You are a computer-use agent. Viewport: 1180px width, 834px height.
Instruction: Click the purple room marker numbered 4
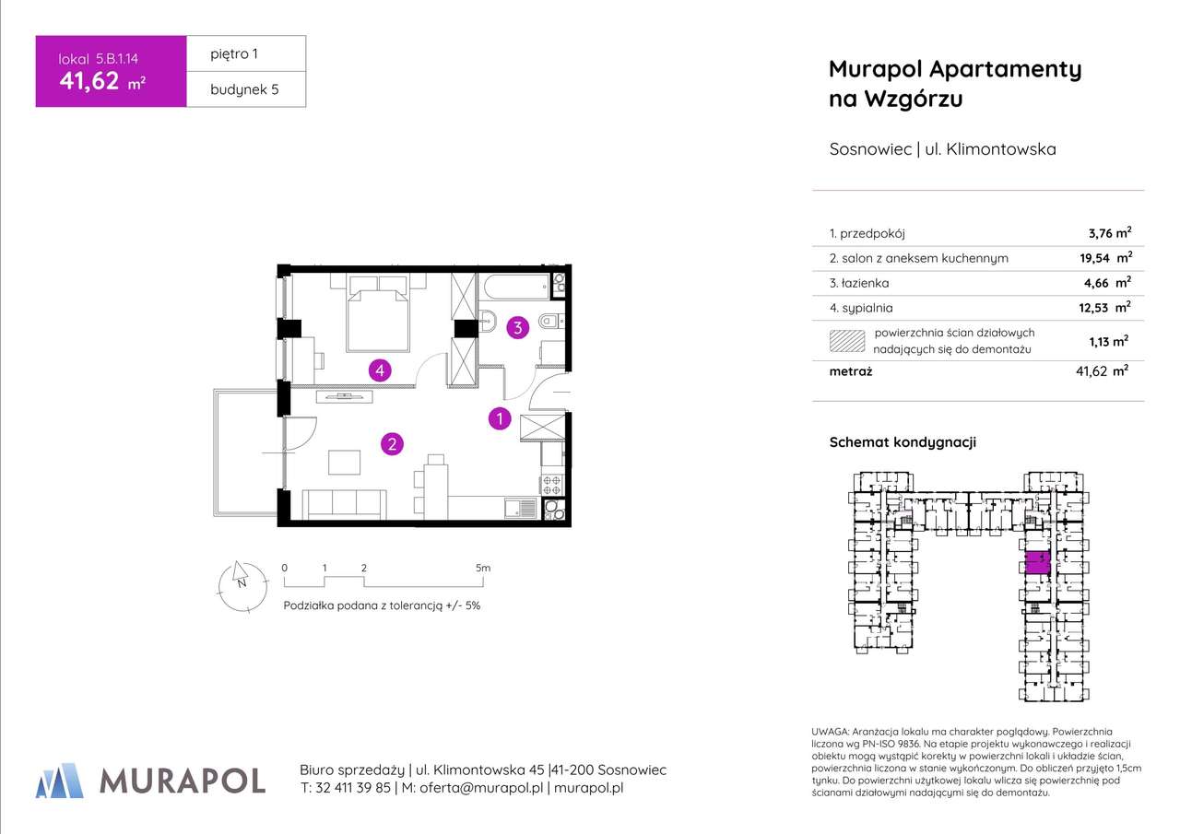[x=379, y=370]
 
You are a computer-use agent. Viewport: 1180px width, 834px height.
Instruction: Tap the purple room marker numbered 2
[x=392, y=444]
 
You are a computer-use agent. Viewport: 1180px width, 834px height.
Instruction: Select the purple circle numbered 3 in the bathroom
[x=518, y=326]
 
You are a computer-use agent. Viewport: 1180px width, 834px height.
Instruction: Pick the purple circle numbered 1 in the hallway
[x=499, y=419]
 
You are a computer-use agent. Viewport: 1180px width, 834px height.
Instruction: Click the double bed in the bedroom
[x=378, y=313]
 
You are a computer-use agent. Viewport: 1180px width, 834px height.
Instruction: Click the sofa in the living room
[x=344, y=503]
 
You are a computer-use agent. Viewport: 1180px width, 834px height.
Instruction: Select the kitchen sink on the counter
[x=522, y=508]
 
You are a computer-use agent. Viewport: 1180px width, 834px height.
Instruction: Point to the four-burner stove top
[x=552, y=484]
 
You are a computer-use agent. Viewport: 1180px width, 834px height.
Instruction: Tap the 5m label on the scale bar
[x=483, y=569]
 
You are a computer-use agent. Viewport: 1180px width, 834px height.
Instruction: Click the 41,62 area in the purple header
[x=89, y=81]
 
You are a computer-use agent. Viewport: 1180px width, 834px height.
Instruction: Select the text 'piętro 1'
[x=235, y=53]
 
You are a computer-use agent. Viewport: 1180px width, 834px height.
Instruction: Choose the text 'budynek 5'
[x=244, y=89]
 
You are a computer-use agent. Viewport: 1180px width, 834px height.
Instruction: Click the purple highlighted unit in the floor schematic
[x=1037, y=563]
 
